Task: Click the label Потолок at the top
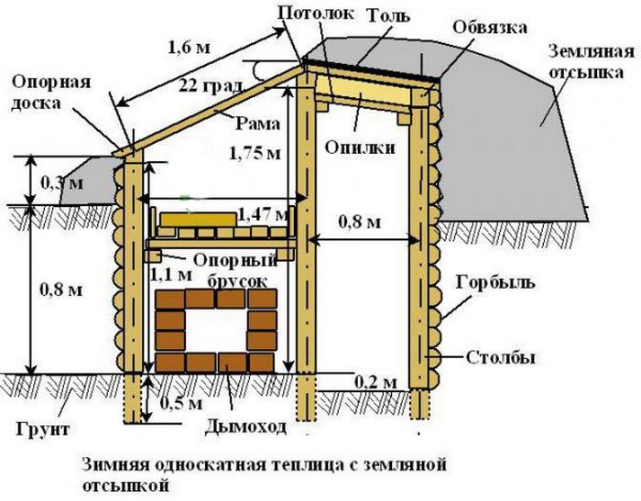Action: coord(316,13)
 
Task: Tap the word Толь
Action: coord(388,16)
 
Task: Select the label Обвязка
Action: coord(490,27)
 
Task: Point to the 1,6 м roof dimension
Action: coord(189,48)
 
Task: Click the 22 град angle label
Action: coord(211,86)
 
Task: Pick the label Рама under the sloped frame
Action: coord(257,124)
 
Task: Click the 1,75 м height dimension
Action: coord(255,153)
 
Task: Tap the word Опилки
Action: coord(360,147)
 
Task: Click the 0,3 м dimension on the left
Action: coord(62,182)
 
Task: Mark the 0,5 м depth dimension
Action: coord(181,403)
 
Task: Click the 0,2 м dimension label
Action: coord(375,383)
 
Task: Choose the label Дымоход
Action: coord(245,427)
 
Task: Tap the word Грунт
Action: coord(43,430)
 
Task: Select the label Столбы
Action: coord(501,358)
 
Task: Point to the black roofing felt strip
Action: coord(370,69)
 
